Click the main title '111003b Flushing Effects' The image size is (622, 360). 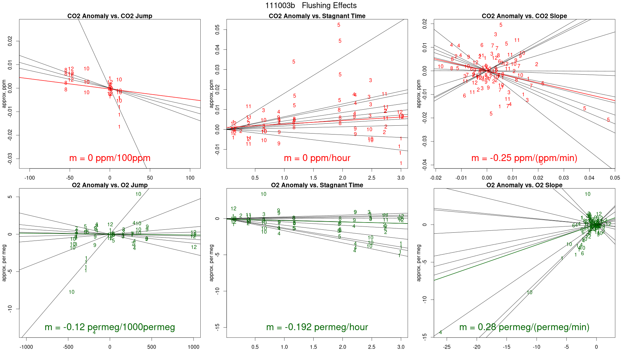pos(311,6)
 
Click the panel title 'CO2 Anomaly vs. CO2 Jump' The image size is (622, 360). pos(110,16)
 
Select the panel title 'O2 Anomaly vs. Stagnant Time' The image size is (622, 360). pos(317,185)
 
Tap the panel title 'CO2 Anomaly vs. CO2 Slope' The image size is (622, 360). pos(524,16)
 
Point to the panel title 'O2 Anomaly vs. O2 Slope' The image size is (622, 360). pos(524,185)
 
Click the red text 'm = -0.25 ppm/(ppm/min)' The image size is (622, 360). pos(524,158)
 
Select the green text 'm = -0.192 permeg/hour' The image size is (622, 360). pos(317,327)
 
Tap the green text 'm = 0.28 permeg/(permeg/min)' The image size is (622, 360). pos(524,327)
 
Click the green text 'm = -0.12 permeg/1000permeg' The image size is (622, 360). pos(110,327)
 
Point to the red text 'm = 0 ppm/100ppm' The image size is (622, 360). pos(110,158)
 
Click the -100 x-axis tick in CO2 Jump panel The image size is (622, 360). pos(29,178)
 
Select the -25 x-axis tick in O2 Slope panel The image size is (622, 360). pos(447,347)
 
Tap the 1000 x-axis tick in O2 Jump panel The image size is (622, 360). pos(193,347)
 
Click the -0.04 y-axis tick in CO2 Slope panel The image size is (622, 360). pos(425,165)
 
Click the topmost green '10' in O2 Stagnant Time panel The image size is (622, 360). pos(264,194)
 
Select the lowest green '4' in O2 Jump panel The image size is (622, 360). pos(94,333)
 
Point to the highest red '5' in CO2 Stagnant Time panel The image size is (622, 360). pos(339,25)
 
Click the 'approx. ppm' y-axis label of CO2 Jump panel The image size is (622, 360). pos(4,94)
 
